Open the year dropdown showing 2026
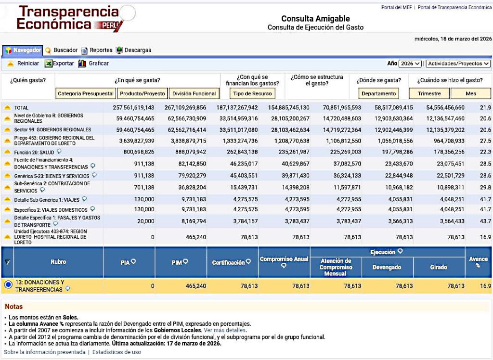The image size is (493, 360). click(410, 64)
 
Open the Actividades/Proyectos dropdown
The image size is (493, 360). click(458, 64)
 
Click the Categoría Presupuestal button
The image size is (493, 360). click(86, 93)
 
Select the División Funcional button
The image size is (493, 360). click(195, 93)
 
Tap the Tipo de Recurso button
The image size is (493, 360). click(252, 93)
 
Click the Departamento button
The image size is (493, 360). click(379, 93)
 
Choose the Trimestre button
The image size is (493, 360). click(429, 93)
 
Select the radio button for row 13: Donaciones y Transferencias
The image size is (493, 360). click(8, 285)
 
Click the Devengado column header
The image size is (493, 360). click(387, 267)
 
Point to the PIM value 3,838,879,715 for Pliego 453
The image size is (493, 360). click(182, 141)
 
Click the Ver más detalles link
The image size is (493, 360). click(225, 330)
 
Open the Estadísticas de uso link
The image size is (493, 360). click(117, 352)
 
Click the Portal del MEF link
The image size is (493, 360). click(397, 8)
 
